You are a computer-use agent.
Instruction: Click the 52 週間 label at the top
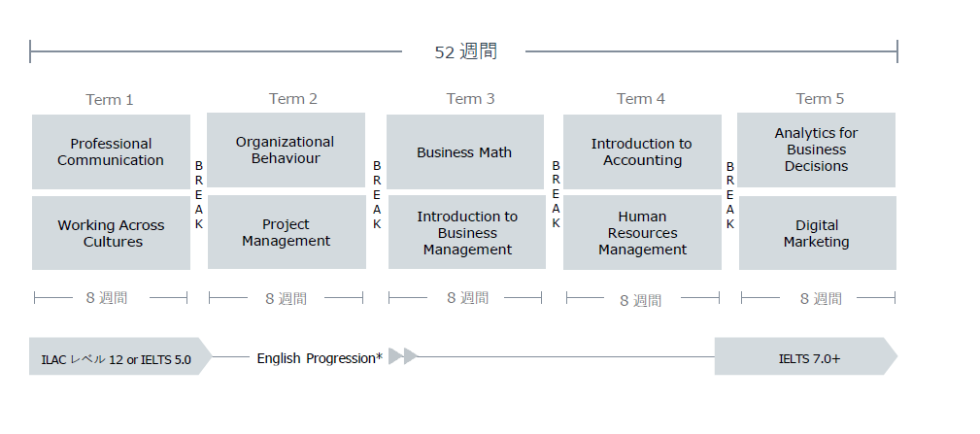coord(465,51)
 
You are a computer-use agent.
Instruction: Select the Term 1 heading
coord(110,100)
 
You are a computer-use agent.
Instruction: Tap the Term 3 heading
coord(470,99)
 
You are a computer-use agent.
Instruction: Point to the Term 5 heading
coord(820,99)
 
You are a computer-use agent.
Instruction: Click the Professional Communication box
coord(112,151)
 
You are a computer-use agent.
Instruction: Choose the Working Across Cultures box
coord(112,233)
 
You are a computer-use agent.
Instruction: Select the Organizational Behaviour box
coord(286,150)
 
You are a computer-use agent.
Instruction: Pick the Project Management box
coord(287,232)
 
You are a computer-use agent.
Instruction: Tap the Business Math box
coord(465,151)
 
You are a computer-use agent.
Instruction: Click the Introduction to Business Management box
coord(467,232)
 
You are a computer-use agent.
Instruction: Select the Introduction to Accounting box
coord(642,151)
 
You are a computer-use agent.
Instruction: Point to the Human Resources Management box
coord(642,233)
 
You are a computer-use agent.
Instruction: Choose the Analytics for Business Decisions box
coord(816,150)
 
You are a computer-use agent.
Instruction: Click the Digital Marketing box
coord(818,233)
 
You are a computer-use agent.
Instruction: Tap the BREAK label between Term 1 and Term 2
coord(199,195)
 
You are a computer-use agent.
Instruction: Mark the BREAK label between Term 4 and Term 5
coord(729,195)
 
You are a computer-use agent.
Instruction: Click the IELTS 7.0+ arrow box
coord(806,356)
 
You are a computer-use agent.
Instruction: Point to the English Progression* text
coord(320,358)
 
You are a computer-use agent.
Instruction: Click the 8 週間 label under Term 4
coord(641,300)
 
